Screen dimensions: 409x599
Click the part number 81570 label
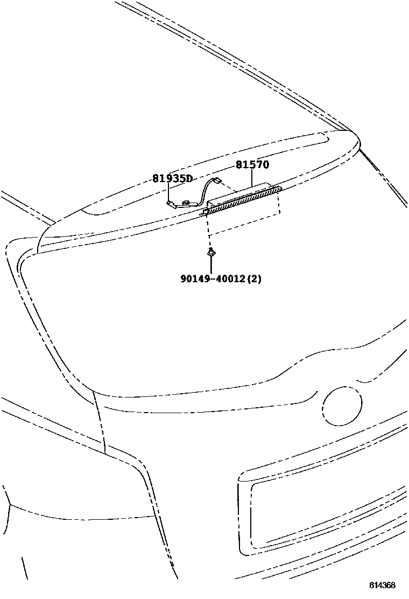(252, 165)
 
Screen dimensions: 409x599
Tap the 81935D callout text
(172, 178)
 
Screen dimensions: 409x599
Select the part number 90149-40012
(213, 279)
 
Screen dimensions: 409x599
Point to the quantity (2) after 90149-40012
(255, 279)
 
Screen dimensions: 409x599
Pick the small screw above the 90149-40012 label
(211, 252)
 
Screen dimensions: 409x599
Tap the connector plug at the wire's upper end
(217, 181)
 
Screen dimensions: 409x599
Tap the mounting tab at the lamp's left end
(204, 214)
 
